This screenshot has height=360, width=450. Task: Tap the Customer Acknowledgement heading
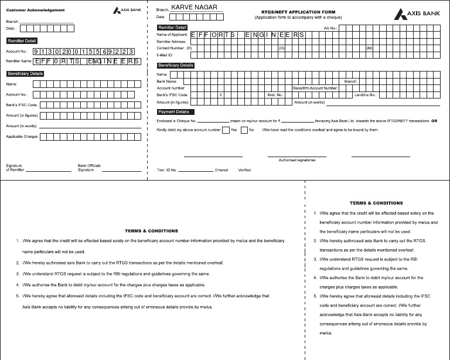pos(35,11)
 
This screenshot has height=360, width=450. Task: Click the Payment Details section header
pos(174,111)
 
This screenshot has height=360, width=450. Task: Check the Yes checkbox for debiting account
pos(226,130)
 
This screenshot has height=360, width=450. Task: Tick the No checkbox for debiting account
pos(244,130)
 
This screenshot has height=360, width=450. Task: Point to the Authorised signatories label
pos(297,159)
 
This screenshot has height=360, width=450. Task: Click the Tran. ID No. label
pos(168,170)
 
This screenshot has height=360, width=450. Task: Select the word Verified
pos(244,170)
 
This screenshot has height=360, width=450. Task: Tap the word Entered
pos(221,170)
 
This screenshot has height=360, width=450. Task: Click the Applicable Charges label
pos(22,137)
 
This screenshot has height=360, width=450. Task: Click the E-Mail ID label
pos(165,55)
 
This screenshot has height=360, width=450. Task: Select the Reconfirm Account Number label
pos(315,88)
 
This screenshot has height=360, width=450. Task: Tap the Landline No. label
pos(365,94)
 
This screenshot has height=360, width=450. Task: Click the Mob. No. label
pos(275,94)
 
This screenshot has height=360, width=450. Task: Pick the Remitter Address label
pos(171,42)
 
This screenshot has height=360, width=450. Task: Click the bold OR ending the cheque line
pos(435,121)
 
